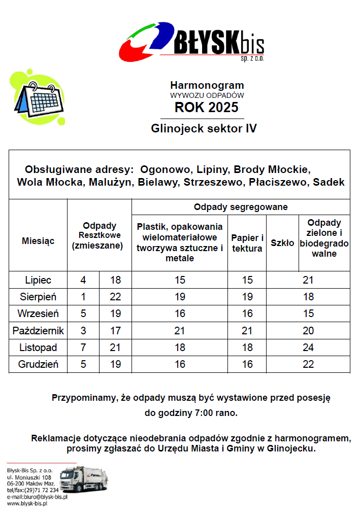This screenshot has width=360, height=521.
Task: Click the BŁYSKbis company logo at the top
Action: tap(191, 42)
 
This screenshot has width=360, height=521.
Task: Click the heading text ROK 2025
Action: tap(206, 108)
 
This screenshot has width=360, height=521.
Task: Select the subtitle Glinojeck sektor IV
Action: tap(204, 128)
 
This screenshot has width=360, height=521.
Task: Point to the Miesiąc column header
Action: tap(38, 240)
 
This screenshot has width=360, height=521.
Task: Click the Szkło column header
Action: tap(282, 243)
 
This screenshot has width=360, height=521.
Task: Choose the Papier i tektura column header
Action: tap(247, 243)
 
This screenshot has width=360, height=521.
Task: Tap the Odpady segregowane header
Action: tap(241, 207)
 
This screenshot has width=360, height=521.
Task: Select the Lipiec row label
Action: tap(38, 280)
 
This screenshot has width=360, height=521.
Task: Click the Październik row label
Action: tap(38, 331)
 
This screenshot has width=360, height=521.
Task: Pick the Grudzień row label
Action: tap(38, 364)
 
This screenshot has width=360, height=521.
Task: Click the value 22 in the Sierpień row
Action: tap(115, 297)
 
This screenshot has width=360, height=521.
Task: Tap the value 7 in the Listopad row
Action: tap(83, 348)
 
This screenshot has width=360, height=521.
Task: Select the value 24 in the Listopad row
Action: tap(308, 348)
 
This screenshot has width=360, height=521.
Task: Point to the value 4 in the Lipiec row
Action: tap(83, 280)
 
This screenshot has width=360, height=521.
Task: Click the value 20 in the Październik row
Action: tap(308, 331)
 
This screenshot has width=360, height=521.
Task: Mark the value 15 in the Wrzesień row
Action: tap(308, 314)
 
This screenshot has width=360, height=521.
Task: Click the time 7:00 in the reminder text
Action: tap(205, 413)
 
